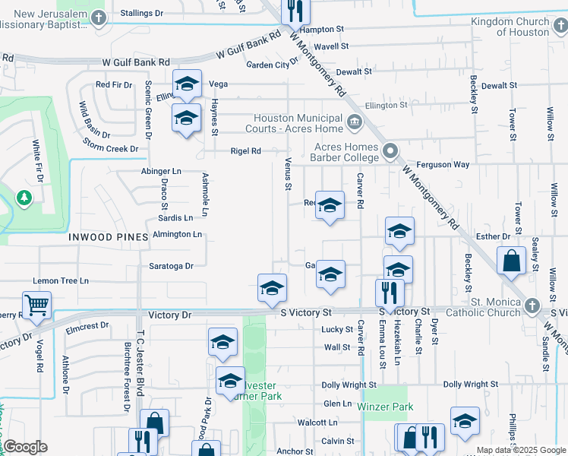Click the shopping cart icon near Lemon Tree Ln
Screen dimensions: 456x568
point(36,306)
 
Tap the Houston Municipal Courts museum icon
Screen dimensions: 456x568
point(354,122)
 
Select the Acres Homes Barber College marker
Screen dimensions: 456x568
point(390,151)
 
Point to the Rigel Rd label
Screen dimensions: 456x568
point(246,151)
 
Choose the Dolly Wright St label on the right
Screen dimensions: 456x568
point(471,385)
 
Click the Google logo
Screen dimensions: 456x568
point(25,447)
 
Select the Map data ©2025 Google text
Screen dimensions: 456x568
point(521,450)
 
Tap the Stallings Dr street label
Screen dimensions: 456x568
point(142,14)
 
